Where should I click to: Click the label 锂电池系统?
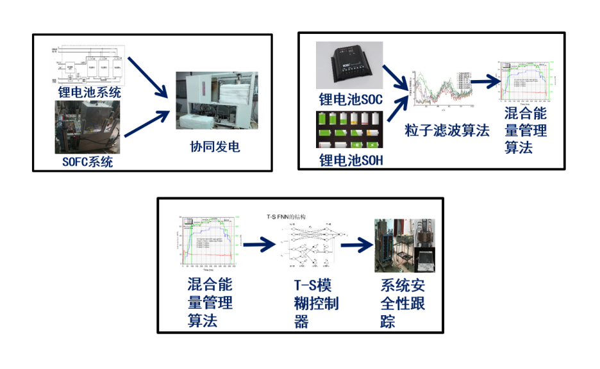[x=89, y=92]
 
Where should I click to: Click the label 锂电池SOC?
[x=351, y=99]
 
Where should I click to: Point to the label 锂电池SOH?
[x=351, y=160]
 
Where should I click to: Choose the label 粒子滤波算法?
[x=447, y=131]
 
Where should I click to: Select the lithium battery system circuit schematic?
[x=89, y=65]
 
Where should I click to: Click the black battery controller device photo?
[x=349, y=67]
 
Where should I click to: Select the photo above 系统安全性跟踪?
[x=404, y=246]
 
